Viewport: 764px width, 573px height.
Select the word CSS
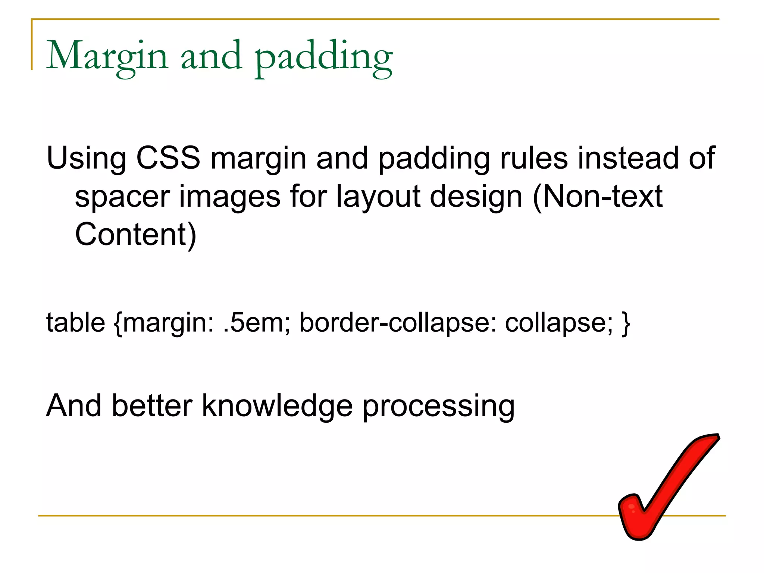click(168, 158)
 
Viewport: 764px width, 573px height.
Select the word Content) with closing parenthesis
click(135, 235)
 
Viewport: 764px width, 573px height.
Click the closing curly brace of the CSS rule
click(626, 323)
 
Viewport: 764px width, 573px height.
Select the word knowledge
click(277, 406)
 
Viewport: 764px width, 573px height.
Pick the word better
click(152, 406)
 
